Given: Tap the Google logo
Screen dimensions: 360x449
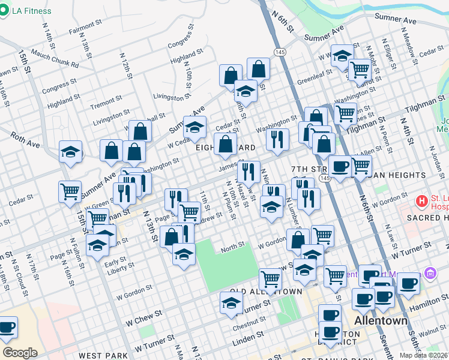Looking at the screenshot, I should [x=20, y=352].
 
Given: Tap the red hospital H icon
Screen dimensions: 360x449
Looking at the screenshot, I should [x=423, y=200].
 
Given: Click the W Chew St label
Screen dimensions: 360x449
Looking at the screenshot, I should [x=144, y=318].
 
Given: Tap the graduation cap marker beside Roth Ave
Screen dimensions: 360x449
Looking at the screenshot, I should [x=70, y=154].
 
